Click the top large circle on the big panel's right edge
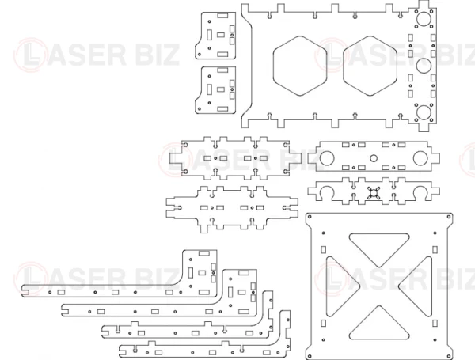point(424,18)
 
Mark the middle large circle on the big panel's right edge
point(424,66)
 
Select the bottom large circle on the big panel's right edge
point(424,112)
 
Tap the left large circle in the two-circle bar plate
point(327,158)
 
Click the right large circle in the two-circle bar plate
point(420,158)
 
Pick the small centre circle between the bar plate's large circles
point(374,158)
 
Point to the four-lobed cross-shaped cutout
point(374,193)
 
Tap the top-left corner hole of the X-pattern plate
point(310,217)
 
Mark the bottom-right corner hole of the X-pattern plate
point(449,356)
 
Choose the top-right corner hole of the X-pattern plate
point(449,217)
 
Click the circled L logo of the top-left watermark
point(30,55)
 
